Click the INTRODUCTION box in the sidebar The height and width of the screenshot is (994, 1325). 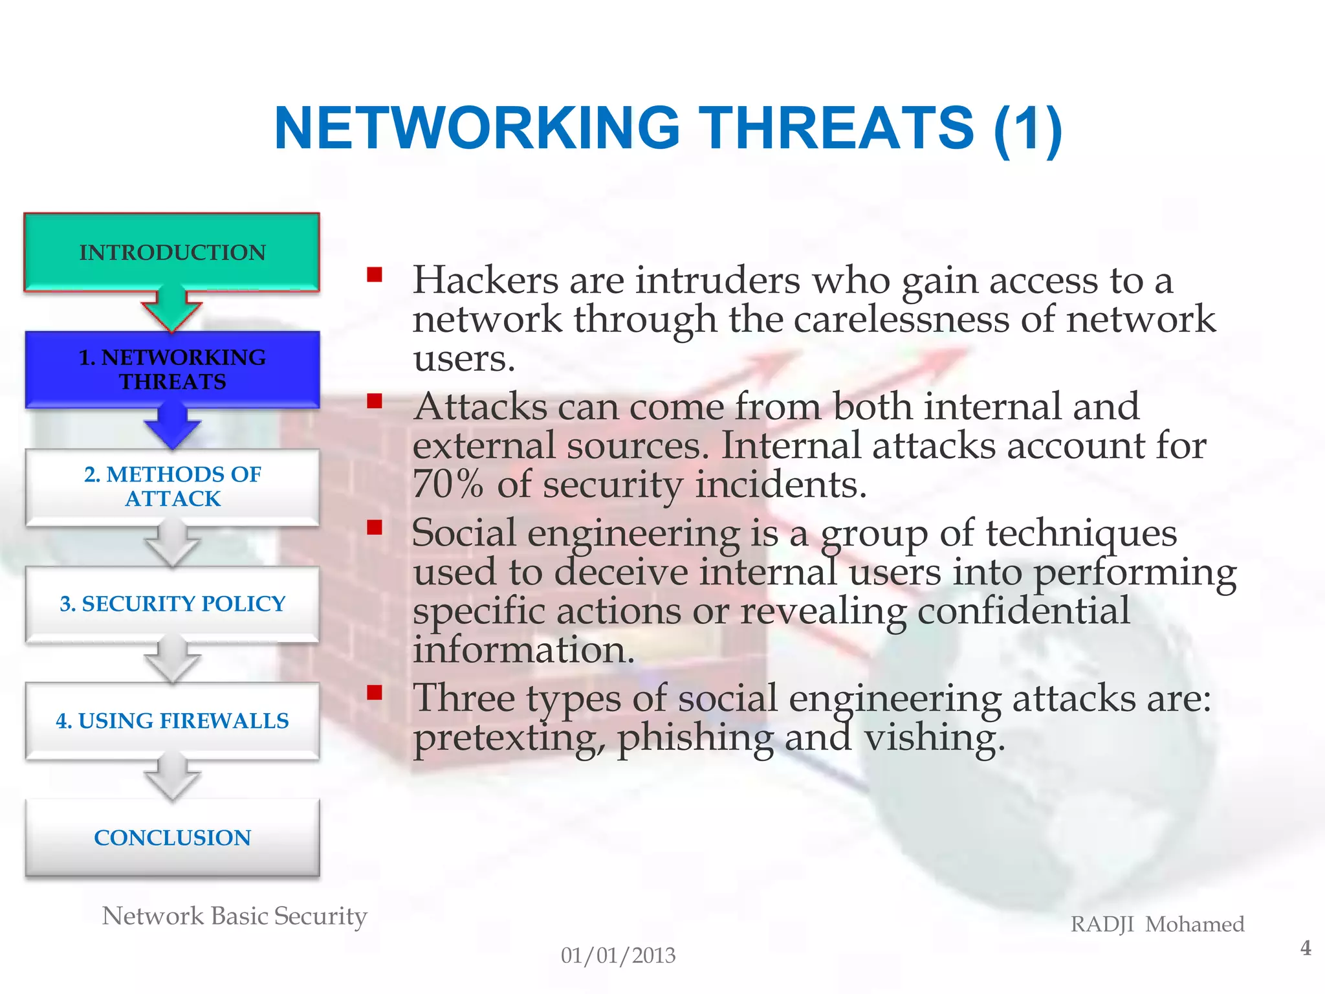coord(172,252)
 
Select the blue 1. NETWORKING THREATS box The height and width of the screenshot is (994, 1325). coord(172,369)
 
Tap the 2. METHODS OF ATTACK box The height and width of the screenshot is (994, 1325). coord(172,486)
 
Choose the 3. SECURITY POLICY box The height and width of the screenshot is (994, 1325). coord(172,603)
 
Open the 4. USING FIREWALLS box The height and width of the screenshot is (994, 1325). coord(172,720)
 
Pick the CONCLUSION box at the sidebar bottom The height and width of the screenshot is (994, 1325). coord(172,837)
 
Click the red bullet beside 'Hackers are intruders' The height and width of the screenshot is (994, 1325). coord(375,276)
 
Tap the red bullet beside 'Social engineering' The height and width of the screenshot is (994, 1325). coord(375,528)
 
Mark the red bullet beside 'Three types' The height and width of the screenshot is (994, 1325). coord(375,693)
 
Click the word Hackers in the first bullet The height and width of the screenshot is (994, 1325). coord(485,281)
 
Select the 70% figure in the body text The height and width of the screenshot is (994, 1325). coord(448,484)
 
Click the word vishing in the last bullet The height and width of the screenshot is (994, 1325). coord(934,738)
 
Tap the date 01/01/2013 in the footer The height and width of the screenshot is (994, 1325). coord(618,955)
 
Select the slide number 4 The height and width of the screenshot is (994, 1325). coord(1306,948)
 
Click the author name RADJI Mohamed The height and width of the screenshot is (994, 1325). coord(1157,924)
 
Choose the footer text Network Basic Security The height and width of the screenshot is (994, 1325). coord(234,916)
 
